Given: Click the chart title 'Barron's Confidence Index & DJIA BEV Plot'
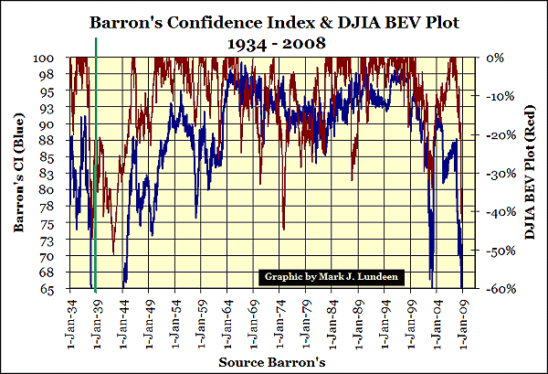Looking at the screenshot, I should (x=274, y=21).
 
